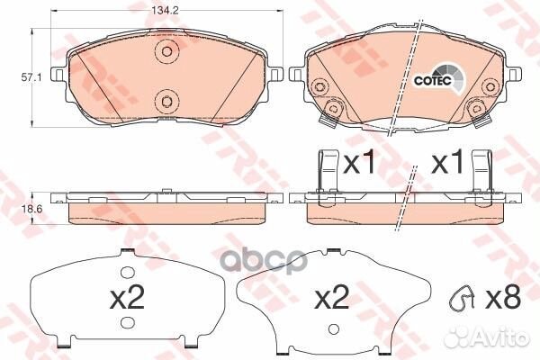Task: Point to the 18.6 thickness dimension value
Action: point(13,208)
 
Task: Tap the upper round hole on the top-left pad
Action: point(164,52)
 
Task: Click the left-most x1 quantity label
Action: point(360,165)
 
